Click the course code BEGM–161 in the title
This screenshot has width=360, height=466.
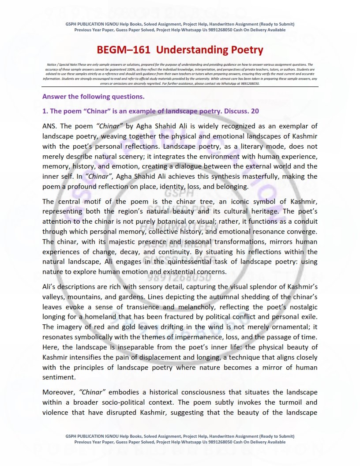[124, 50]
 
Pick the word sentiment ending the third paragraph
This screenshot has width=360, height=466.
[59, 378]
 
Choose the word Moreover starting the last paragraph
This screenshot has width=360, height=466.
[59, 392]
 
